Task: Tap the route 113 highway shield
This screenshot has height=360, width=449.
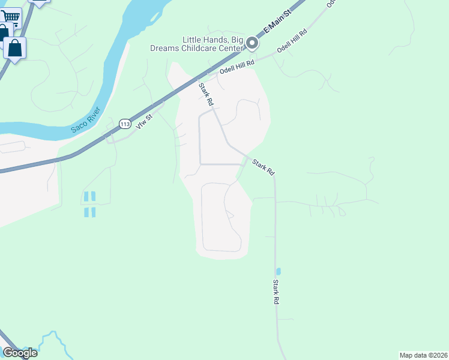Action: pos(124,124)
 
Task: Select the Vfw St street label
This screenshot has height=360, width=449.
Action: pos(145,113)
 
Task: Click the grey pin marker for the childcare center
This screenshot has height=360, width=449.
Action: pos(252,43)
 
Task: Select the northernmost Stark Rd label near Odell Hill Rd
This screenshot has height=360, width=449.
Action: pos(206,95)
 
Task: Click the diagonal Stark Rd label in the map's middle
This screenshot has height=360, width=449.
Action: pos(263,167)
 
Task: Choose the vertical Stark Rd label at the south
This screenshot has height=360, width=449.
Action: pos(276,292)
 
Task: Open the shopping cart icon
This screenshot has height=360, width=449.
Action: pos(10,18)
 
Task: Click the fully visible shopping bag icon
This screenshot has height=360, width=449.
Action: pos(15,47)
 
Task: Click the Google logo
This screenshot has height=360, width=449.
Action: pos(20,353)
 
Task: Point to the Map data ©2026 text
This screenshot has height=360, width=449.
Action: pos(423,355)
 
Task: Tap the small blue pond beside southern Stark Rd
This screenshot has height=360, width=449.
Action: pos(278,271)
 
